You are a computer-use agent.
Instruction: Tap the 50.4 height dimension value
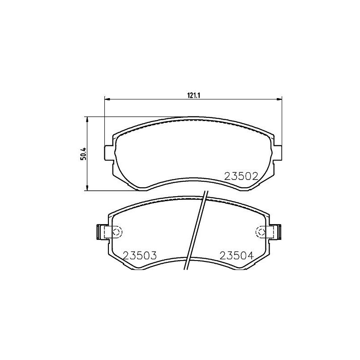83,154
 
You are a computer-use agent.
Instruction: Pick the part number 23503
139,255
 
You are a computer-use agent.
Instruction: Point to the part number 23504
237,255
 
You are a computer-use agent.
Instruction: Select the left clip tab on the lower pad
102,232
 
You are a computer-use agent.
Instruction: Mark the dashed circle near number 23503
116,232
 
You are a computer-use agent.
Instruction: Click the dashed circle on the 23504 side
261,232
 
